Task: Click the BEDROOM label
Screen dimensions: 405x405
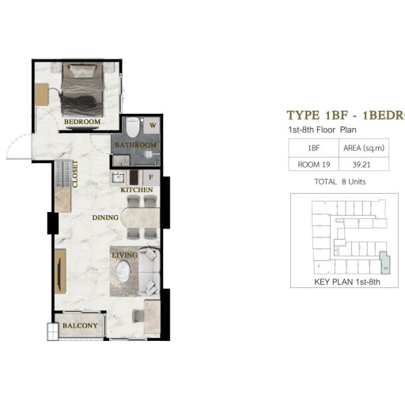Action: pyautogui.click(x=82, y=122)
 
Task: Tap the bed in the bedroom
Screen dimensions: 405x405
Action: pyautogui.click(x=81, y=89)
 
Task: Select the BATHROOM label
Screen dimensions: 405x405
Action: pyautogui.click(x=135, y=146)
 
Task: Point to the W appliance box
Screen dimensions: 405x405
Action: pyautogui.click(x=153, y=125)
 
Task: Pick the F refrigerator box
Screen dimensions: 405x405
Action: pyautogui.click(x=153, y=176)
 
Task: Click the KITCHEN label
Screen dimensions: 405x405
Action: pyautogui.click(x=136, y=191)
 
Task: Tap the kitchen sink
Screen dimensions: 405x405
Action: pyautogui.click(x=119, y=176)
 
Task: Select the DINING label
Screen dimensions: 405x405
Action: pyautogui.click(x=105, y=218)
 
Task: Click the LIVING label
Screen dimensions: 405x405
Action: pyautogui.click(x=125, y=255)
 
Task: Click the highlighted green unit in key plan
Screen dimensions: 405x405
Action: pyautogui.click(x=384, y=262)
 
